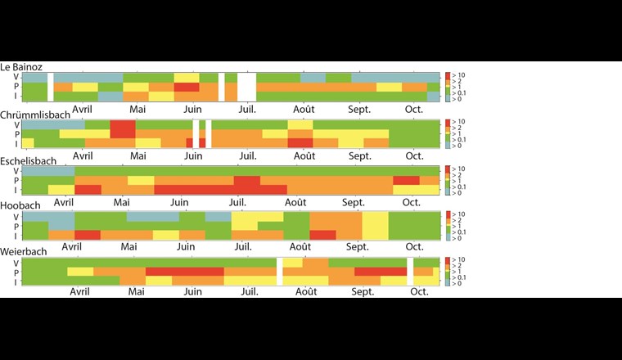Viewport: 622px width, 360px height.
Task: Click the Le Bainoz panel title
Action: [x=21, y=67]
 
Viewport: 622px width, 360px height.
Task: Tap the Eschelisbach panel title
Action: [x=29, y=161]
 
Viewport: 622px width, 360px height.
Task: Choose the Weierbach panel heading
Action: [x=24, y=253]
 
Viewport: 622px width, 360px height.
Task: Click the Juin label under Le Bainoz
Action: [x=193, y=108]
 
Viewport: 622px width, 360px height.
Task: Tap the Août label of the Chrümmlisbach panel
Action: [x=304, y=155]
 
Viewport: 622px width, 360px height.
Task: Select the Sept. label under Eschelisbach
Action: [x=354, y=201]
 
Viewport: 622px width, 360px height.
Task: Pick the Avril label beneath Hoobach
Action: [x=71, y=245]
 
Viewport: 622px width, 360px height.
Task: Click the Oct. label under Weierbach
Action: [x=419, y=291]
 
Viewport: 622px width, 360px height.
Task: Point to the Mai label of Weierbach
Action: [x=136, y=291]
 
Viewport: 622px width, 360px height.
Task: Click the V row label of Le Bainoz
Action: [x=16, y=77]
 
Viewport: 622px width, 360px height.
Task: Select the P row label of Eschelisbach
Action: [x=16, y=181]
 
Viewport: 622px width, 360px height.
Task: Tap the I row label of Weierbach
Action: [x=16, y=281]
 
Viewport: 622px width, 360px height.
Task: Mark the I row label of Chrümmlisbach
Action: [x=16, y=144]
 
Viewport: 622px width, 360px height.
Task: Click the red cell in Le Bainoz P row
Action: [x=187, y=87]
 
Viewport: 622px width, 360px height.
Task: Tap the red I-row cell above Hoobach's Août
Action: [x=322, y=235]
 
